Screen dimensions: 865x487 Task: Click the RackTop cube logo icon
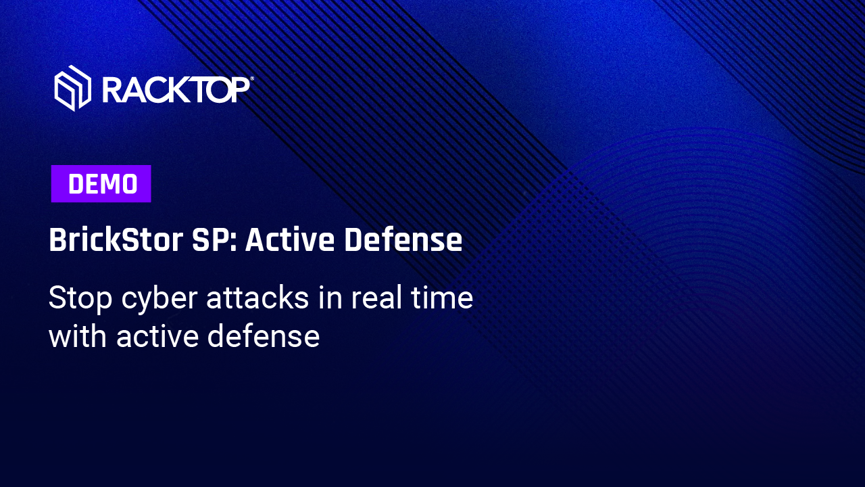point(72,88)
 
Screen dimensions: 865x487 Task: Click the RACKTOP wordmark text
point(176,90)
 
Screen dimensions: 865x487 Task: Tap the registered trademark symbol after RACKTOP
point(252,78)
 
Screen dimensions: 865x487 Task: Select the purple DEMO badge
point(101,183)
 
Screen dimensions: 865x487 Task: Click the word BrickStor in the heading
point(116,239)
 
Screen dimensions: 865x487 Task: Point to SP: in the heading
point(214,239)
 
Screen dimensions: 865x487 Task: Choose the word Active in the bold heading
point(290,239)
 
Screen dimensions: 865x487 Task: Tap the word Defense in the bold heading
point(403,239)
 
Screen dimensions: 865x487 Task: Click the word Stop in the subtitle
point(80,298)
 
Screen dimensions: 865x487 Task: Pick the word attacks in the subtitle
point(257,298)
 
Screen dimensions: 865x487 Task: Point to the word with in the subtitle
point(78,335)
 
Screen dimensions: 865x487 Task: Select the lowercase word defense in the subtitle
point(264,335)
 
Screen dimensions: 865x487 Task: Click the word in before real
point(330,298)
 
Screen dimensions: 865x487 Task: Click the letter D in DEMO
point(76,183)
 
